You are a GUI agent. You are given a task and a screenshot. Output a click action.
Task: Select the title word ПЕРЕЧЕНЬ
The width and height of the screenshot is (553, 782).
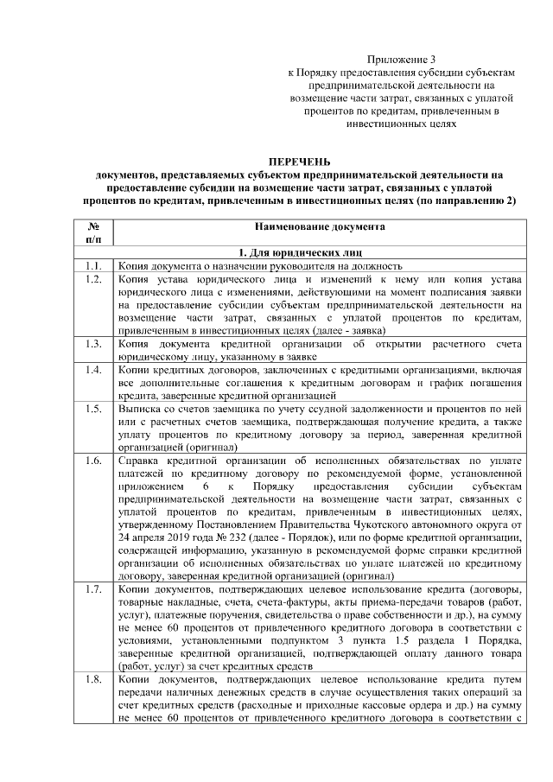coord(298,162)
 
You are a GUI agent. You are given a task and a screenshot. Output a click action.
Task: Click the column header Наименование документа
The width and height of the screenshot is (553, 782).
coord(319,226)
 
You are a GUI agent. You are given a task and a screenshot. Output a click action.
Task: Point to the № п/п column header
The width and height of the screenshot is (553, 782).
coord(94,232)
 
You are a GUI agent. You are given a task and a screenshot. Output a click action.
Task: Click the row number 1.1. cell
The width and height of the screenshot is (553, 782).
coord(94,266)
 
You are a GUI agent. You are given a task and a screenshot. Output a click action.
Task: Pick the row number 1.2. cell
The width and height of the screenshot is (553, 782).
coord(94,279)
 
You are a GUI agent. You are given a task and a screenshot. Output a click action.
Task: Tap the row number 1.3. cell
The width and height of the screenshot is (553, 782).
coord(94,344)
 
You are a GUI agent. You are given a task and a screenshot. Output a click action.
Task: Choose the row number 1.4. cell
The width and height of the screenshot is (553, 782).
coord(94,370)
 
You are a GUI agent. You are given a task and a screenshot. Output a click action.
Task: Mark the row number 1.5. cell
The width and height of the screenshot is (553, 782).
coord(94,409)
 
